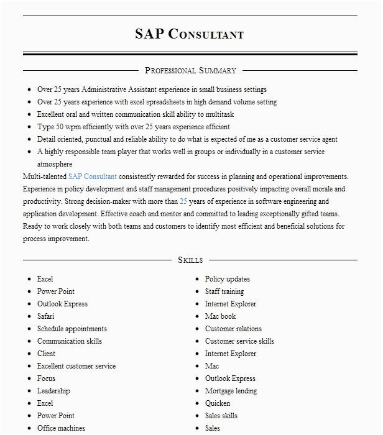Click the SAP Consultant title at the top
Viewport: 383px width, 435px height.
pos(190,34)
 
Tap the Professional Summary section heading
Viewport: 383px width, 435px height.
pos(190,70)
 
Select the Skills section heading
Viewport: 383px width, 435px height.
pos(190,260)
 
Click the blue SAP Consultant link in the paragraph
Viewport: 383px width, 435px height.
pos(93,176)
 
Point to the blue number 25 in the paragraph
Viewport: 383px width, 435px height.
pos(183,201)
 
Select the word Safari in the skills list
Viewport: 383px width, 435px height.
pos(45,316)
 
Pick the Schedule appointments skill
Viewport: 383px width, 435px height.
pos(72,329)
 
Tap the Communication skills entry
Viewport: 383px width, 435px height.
pos(69,341)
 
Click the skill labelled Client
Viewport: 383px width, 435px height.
pos(46,354)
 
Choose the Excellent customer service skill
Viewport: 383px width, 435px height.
pos(76,366)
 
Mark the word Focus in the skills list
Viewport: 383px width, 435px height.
pos(46,378)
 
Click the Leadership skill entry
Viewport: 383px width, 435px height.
pos(53,391)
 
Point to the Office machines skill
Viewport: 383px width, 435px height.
pos(61,428)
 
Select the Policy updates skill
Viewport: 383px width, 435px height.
pos(228,279)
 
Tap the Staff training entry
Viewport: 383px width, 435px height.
pos(224,291)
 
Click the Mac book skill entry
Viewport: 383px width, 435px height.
pos(221,316)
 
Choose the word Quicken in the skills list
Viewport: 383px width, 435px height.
pos(218,403)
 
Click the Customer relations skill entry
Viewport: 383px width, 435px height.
pos(233,329)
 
